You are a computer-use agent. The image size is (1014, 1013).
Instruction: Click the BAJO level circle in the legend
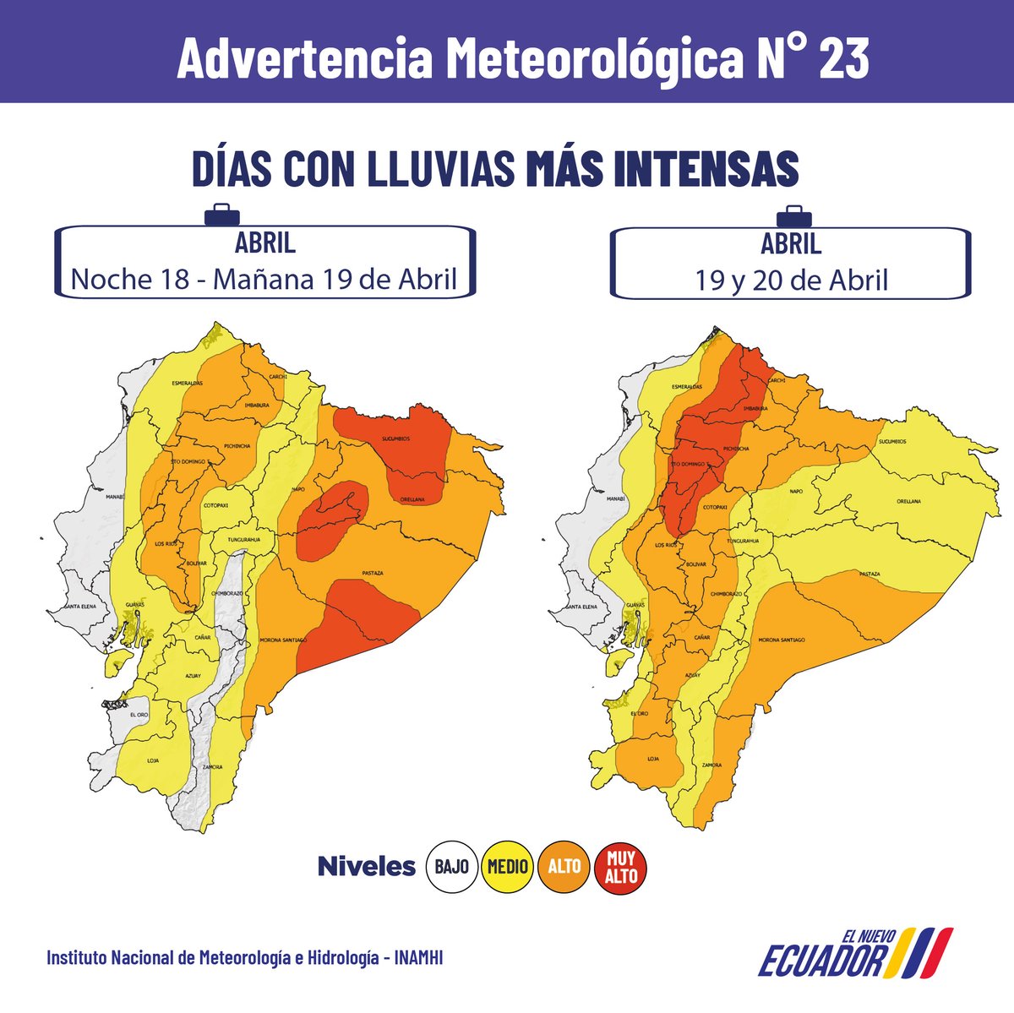(x=454, y=866)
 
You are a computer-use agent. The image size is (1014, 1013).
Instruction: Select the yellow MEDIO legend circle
(x=507, y=866)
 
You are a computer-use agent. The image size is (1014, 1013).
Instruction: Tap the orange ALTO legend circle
(x=564, y=866)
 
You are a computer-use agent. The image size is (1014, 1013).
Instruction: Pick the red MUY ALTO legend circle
(x=621, y=868)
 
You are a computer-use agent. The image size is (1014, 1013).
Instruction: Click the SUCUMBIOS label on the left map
(x=395, y=439)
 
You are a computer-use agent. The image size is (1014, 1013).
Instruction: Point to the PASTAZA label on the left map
(x=373, y=573)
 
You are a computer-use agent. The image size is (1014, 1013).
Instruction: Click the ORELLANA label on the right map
(x=909, y=501)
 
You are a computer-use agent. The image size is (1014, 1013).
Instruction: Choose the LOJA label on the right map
(x=652, y=759)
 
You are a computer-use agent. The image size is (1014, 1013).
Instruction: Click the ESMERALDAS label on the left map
(x=187, y=384)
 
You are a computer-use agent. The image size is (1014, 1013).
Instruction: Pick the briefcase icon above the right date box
(x=793, y=215)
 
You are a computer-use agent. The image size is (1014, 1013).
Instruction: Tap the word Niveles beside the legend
(x=366, y=866)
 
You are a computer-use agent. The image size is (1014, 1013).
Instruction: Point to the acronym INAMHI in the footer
(x=419, y=958)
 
